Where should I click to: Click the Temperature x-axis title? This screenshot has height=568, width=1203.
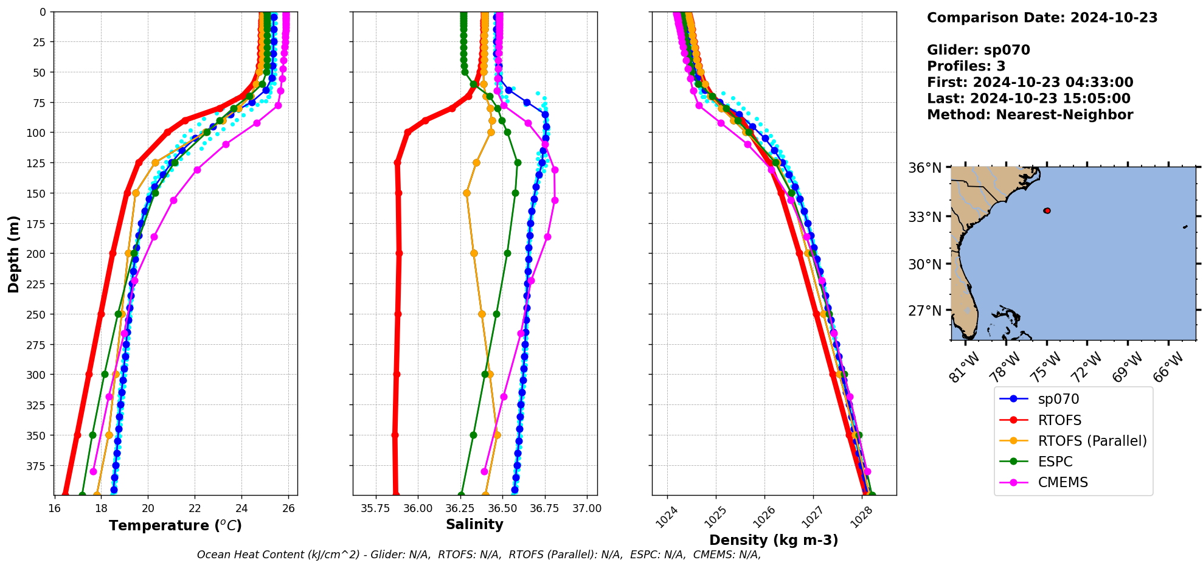(x=175, y=525)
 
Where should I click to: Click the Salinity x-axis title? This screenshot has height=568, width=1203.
(x=474, y=524)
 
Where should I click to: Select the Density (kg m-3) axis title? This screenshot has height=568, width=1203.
(x=774, y=540)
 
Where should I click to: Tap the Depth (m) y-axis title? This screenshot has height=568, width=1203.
(x=13, y=254)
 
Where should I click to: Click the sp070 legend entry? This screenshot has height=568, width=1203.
(x=1058, y=400)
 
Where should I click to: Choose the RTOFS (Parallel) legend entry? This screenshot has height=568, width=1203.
(x=1092, y=441)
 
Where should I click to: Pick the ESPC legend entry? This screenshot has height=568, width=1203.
(x=1055, y=462)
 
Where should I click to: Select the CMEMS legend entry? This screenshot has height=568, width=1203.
(x=1063, y=482)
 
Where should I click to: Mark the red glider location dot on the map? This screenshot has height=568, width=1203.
(x=1047, y=210)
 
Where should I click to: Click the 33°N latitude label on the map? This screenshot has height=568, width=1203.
(x=924, y=217)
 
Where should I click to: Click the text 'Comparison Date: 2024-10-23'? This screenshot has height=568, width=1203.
(x=1042, y=18)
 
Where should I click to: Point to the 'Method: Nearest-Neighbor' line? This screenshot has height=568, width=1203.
(x=1030, y=115)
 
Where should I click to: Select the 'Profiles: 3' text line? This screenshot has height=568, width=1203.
(x=966, y=66)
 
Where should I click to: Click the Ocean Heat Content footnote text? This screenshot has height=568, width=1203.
(x=479, y=555)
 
